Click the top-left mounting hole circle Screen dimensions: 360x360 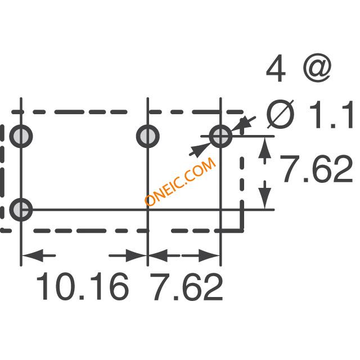pos(21,137)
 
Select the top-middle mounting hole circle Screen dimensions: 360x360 pos(147,137)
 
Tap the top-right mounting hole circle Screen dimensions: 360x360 pos(220,137)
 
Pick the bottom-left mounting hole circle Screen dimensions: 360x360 pos(21,210)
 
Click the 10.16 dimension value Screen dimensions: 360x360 pos(83,286)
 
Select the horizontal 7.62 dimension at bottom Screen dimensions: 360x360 pos(186,286)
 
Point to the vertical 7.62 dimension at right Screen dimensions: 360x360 pos(316,169)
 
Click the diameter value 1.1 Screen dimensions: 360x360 pos(331,114)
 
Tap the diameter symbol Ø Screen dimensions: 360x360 pos(281,114)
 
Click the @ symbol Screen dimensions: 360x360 pos(317,67)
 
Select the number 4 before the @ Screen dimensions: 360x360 pos(276,68)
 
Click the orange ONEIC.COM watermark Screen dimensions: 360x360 pos(181,181)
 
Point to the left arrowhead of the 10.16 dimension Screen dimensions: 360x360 pos(33,255)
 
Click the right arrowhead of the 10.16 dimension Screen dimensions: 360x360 pos(136,255)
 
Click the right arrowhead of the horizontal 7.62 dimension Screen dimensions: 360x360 pos(209,255)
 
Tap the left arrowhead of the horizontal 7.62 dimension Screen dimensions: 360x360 pos(159,255)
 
